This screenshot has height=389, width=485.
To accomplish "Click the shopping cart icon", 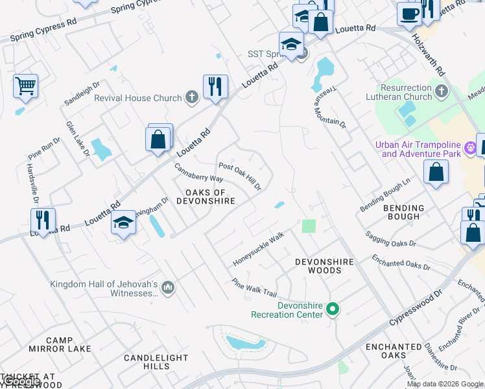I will [25, 85].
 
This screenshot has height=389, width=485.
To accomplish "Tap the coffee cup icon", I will [408, 13].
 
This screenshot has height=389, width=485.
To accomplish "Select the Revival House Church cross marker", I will [191, 98].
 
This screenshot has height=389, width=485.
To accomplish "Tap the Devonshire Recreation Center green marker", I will [333, 309].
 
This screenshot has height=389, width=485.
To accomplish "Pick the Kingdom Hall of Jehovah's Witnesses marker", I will [167, 287].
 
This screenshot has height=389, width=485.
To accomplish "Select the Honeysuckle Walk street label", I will [259, 250].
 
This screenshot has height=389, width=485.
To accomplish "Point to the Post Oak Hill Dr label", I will [240, 176].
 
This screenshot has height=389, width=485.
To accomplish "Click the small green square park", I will [309, 226].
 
